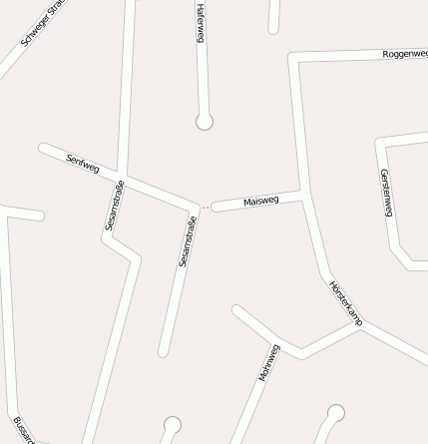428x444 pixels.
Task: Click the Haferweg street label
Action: (201, 21)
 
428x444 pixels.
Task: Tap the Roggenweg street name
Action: (404, 54)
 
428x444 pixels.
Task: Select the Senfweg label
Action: (83, 162)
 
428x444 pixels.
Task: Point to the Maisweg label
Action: (260, 202)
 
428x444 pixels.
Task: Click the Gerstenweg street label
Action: (386, 192)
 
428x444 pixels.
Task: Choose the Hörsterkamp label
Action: (346, 303)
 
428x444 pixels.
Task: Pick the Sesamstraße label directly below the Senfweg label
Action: (114, 207)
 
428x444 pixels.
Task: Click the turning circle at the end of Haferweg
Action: (205, 122)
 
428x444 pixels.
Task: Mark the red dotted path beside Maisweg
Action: (205, 208)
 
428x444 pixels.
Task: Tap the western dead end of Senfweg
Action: (44, 149)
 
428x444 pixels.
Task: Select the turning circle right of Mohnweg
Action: (336, 412)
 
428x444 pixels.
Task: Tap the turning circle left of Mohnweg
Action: (172, 425)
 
